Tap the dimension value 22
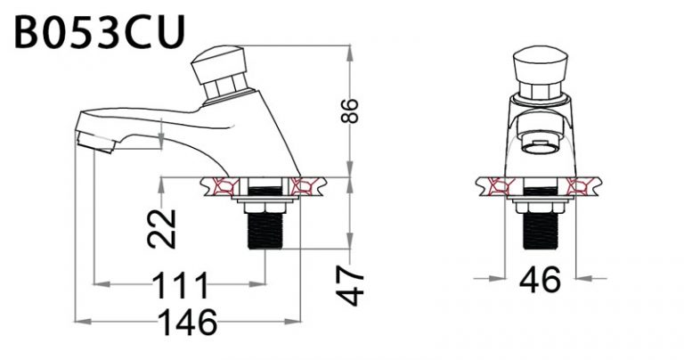162,228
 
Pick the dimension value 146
187,322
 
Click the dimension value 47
354,284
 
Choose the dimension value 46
538,280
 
